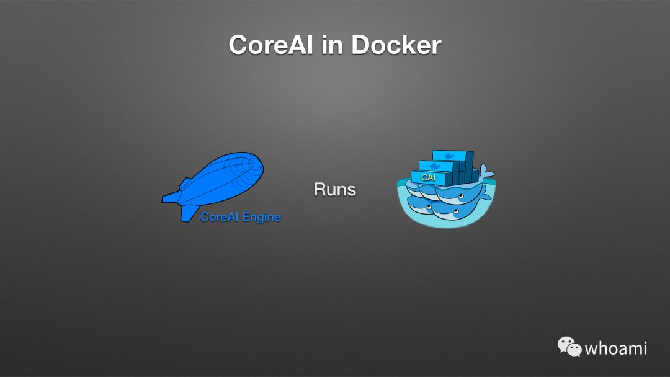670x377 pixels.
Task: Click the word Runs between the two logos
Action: point(335,189)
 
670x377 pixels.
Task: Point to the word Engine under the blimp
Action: point(261,217)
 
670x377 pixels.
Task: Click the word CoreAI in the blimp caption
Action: point(220,217)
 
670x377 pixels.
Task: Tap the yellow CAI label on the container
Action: point(429,177)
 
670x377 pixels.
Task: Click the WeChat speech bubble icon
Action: point(568,346)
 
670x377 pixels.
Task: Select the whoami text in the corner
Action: point(616,348)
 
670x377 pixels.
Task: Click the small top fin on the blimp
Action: point(184,182)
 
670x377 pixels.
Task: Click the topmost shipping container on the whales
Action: point(452,156)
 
